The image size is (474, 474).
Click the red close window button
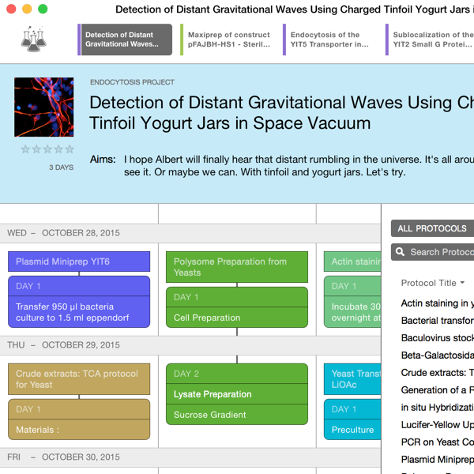(x=11, y=9)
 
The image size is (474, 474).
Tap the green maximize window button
(x=43, y=9)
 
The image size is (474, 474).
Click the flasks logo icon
(x=33, y=39)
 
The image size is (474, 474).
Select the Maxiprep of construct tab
(x=228, y=39)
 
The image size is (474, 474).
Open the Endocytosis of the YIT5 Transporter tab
(x=329, y=39)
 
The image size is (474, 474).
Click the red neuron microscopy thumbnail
(x=43, y=107)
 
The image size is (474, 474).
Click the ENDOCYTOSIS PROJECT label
(x=132, y=82)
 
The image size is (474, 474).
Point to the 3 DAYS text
(x=62, y=167)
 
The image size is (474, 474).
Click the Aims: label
(x=103, y=160)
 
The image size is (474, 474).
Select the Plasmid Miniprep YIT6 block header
(x=79, y=261)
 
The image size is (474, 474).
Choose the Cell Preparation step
(x=237, y=318)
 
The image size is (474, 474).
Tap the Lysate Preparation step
(x=237, y=394)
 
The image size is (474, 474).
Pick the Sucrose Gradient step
(x=237, y=415)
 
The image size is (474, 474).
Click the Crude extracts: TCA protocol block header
(x=79, y=379)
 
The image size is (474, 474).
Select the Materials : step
(x=79, y=430)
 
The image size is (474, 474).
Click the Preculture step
(x=352, y=430)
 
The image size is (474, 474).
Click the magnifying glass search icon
(x=400, y=252)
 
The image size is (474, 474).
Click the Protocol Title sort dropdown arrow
(x=462, y=283)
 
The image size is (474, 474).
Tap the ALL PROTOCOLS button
(x=432, y=228)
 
